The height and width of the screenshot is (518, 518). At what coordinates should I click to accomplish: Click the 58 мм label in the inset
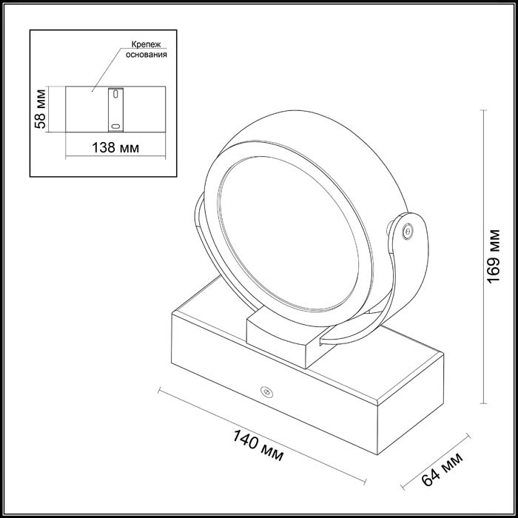(41, 109)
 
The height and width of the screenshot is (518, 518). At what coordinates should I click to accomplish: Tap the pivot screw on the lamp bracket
(406, 231)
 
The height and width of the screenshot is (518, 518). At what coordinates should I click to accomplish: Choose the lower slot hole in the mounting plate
(113, 125)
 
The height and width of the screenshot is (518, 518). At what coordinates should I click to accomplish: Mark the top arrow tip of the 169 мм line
(484, 111)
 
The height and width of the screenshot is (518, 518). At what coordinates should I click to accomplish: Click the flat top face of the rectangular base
(215, 311)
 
